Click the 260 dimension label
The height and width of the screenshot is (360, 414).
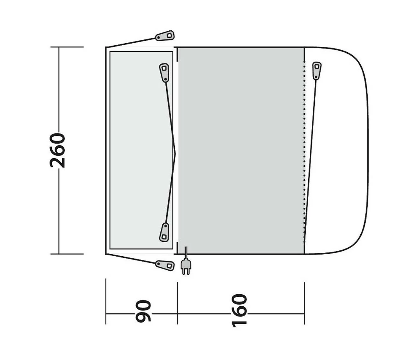click(x=58, y=150)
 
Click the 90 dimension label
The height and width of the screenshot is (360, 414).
click(x=143, y=311)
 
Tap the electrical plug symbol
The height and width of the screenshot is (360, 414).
click(x=186, y=266)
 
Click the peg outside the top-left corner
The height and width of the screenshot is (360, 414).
click(x=165, y=36)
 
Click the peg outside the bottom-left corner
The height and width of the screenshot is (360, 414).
click(x=165, y=265)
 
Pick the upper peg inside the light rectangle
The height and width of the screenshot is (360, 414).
click(x=164, y=72)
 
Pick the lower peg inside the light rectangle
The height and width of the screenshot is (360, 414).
click(x=164, y=232)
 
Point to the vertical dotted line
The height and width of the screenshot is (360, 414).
click(x=304, y=152)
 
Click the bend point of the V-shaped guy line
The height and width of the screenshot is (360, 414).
click(x=175, y=153)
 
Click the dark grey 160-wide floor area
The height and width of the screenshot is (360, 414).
click(x=241, y=150)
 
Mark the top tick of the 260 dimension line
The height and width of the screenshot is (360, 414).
click(x=67, y=47)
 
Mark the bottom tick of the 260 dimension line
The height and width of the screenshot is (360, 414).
click(x=67, y=254)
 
